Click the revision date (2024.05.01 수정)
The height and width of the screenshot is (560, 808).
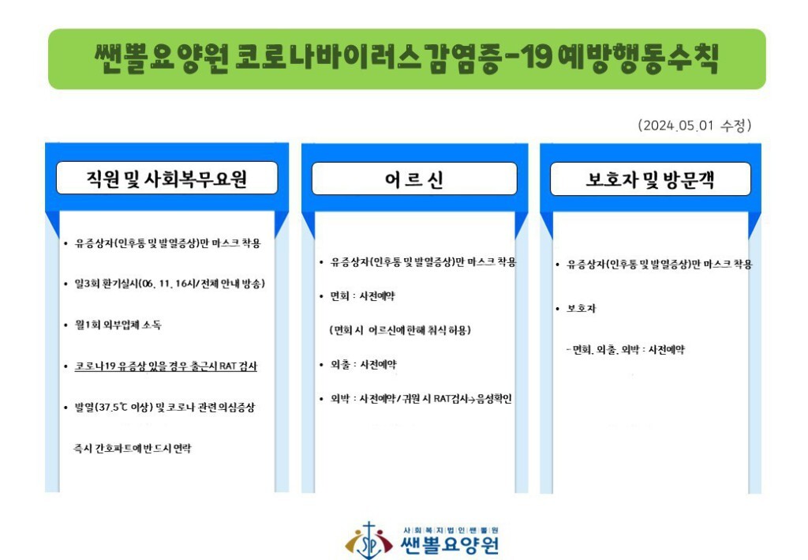694,126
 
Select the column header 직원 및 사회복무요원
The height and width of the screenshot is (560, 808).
166,179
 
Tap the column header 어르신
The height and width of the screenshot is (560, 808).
414,179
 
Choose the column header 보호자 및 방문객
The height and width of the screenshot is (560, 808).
650,179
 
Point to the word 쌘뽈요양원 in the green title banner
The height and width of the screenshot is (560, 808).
162,58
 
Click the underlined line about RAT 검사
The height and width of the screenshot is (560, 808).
166,366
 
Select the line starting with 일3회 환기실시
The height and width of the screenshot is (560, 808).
170,284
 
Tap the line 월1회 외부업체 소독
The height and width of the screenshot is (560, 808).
118,325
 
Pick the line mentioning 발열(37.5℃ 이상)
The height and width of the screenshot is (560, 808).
165,408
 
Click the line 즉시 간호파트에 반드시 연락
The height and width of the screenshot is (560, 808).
132,448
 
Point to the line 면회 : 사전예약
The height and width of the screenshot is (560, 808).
363,296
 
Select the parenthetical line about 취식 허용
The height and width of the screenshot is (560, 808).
400,330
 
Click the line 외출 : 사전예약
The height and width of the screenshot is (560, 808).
363,365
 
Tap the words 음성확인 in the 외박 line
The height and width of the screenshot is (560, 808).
494,399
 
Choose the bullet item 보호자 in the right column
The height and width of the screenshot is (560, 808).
581,308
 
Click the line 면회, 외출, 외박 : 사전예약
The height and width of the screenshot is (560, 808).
626,350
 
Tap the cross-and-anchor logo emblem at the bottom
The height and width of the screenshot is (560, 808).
368,541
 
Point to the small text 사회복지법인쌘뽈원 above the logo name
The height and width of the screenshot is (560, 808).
451,530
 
